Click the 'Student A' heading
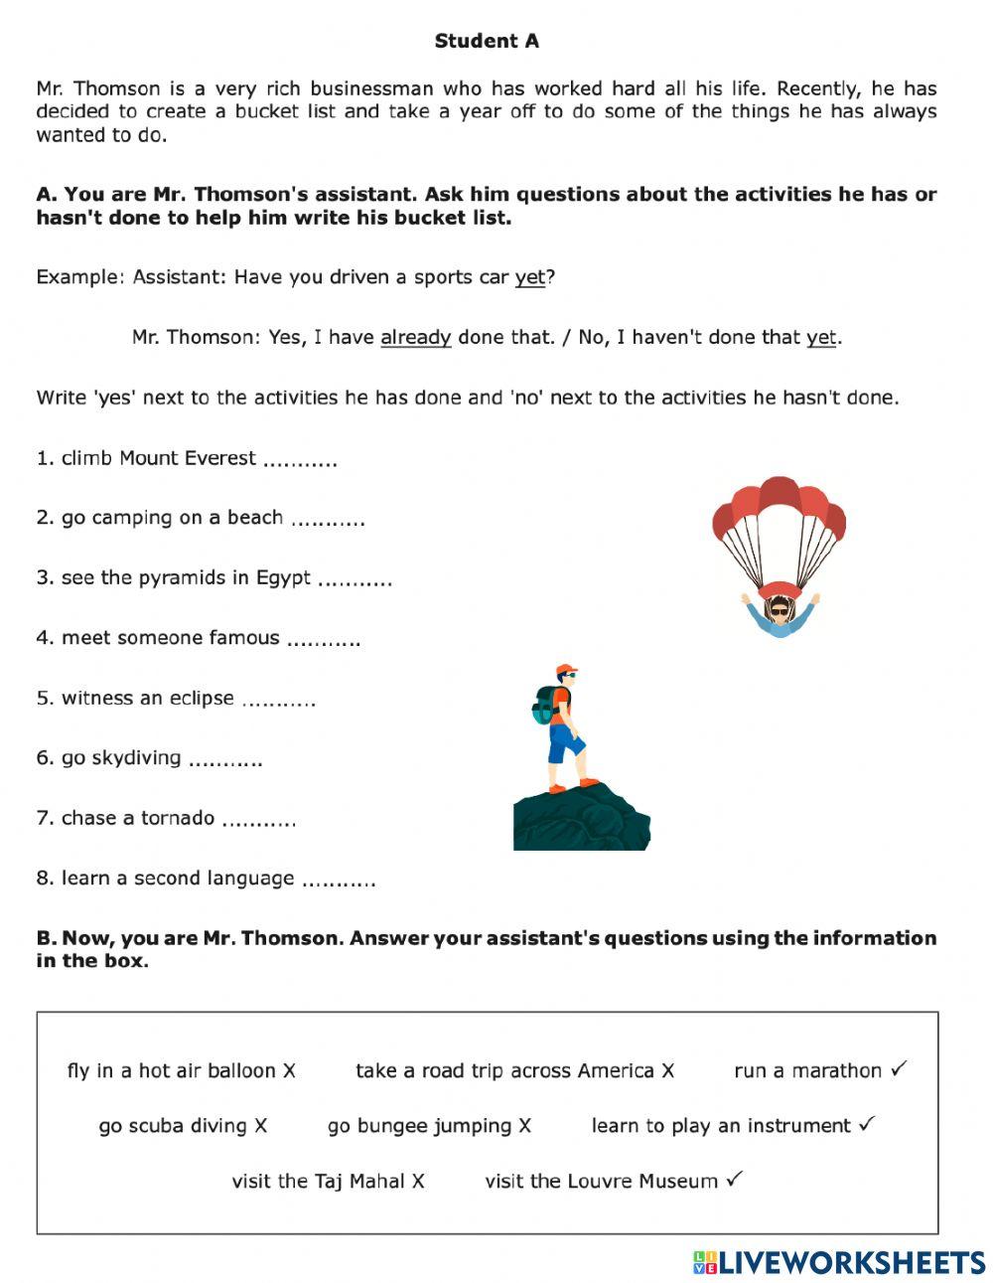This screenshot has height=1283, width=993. tap(487, 41)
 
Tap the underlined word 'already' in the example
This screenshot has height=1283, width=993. tap(415, 338)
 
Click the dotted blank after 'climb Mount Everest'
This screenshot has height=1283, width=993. tap(301, 460)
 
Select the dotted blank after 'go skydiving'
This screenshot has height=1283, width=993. tap(225, 760)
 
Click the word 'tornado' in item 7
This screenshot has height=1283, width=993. tap(177, 818)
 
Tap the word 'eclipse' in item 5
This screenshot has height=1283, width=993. tap(202, 699)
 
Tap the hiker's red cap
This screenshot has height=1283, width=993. tap(565, 670)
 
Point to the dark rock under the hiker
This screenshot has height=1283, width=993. tap(581, 820)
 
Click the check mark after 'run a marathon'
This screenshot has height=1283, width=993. tap(899, 1069)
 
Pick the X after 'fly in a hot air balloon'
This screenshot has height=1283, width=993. tap(289, 1071)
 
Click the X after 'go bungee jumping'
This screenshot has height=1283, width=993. tap(524, 1126)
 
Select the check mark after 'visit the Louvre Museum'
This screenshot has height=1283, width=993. tap(734, 1181)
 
